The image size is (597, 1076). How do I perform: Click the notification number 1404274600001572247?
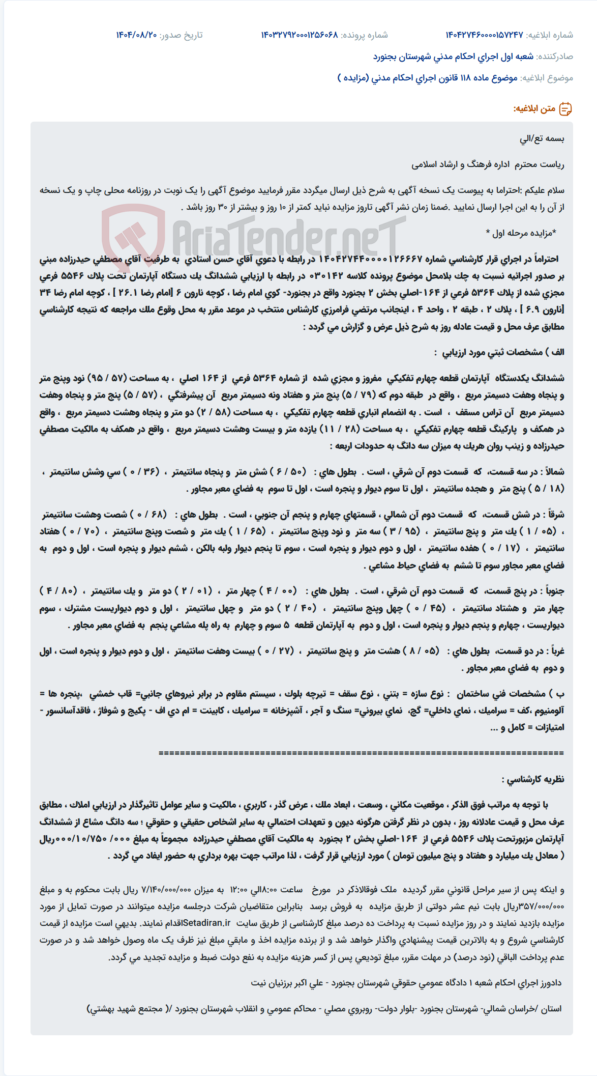(x=484, y=35)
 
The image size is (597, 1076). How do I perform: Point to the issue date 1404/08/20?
(x=136, y=35)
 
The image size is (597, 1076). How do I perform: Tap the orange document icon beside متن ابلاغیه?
(x=565, y=108)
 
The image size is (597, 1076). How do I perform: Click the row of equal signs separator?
(x=361, y=753)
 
